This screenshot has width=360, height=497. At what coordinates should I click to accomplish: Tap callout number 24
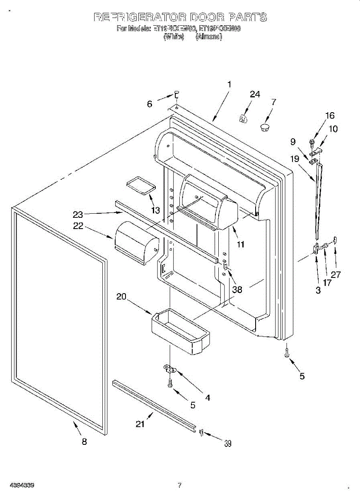point(255,94)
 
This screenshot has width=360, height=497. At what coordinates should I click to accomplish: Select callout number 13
point(155,210)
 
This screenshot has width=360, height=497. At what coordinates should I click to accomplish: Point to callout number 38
point(237,290)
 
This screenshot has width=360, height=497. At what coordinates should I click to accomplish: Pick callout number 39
point(227,444)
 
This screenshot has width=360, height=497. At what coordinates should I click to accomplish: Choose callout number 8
point(84,442)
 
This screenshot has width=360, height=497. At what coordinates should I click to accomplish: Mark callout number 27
point(336,274)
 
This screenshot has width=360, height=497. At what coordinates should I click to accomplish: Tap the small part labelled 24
point(243,119)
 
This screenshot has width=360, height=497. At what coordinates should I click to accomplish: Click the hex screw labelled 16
point(311,142)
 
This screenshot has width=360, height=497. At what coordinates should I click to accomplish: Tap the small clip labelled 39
point(201,433)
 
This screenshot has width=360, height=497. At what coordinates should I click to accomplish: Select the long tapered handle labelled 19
point(318,201)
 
